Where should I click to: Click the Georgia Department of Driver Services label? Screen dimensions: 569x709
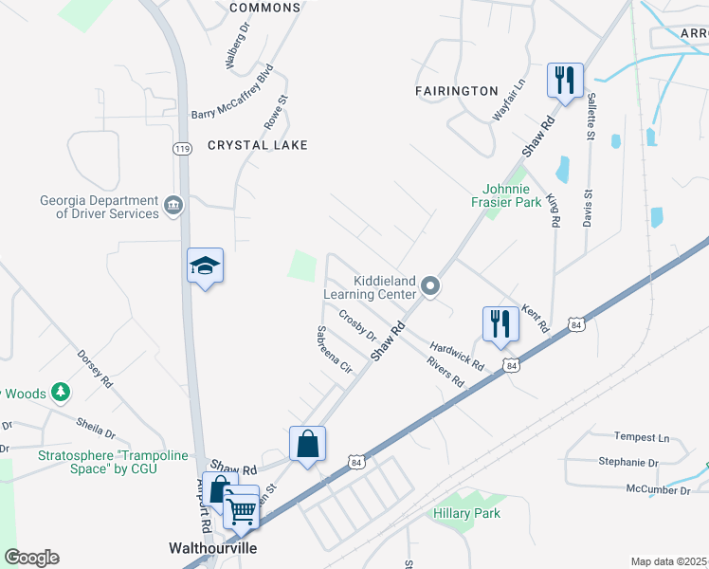pos(99,207)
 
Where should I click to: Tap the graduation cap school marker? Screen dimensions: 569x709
pos(205,266)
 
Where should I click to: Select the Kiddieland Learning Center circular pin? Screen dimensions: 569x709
pos(430,285)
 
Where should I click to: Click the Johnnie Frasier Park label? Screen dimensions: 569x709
pos(506,194)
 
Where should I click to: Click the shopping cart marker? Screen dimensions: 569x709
pos(243,510)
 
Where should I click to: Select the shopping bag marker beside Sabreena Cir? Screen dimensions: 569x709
pos(307,444)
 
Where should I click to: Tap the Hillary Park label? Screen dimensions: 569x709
pos(466,513)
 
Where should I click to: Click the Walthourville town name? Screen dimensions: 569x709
pos(212,548)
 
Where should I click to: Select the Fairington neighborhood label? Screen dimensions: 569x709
pos(456,91)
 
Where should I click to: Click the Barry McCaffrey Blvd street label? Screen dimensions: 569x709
pos(232,91)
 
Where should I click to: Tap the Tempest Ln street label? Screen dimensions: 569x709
pos(641,437)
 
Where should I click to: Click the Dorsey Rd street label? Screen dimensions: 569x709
pos(96,371)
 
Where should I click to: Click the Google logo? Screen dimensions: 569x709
pos(31,558)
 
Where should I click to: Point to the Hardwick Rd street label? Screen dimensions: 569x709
pos(457,357)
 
